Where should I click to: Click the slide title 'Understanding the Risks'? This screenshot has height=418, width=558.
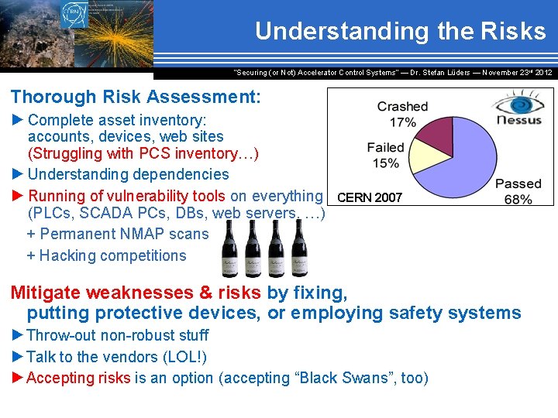coord(400,31)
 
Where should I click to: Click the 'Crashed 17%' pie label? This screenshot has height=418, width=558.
coord(402,114)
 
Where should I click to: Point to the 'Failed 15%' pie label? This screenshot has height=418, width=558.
coord(385,155)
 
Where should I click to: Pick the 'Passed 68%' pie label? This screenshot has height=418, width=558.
coord(518,191)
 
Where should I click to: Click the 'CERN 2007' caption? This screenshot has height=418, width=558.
coord(370,197)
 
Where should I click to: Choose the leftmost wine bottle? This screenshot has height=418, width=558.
coord(229,249)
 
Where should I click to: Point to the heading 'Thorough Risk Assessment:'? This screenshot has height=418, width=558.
coord(136,97)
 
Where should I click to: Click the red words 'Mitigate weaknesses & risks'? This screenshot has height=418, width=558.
coord(136,293)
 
